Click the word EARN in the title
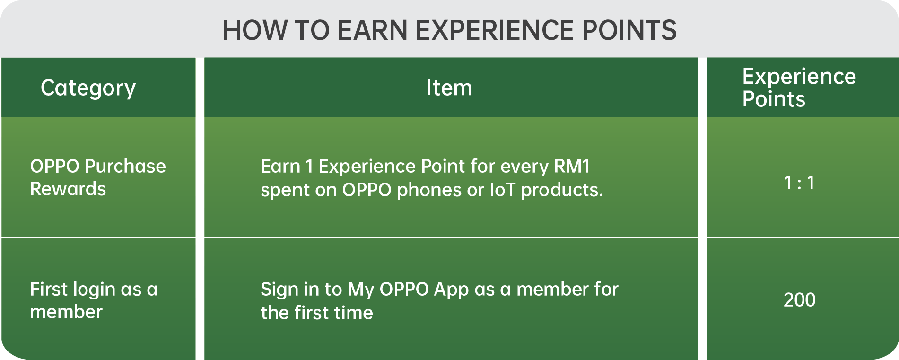pos(372,30)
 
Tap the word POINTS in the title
pos(629,30)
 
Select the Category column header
pos(88,88)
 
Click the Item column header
pos(449,88)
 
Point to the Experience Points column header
pos(799,88)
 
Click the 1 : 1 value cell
pos(799,183)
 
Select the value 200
pos(799,300)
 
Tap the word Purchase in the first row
pos(125,167)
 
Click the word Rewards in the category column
pos(68,189)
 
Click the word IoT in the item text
pos(502,190)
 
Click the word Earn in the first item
pos(280,167)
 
